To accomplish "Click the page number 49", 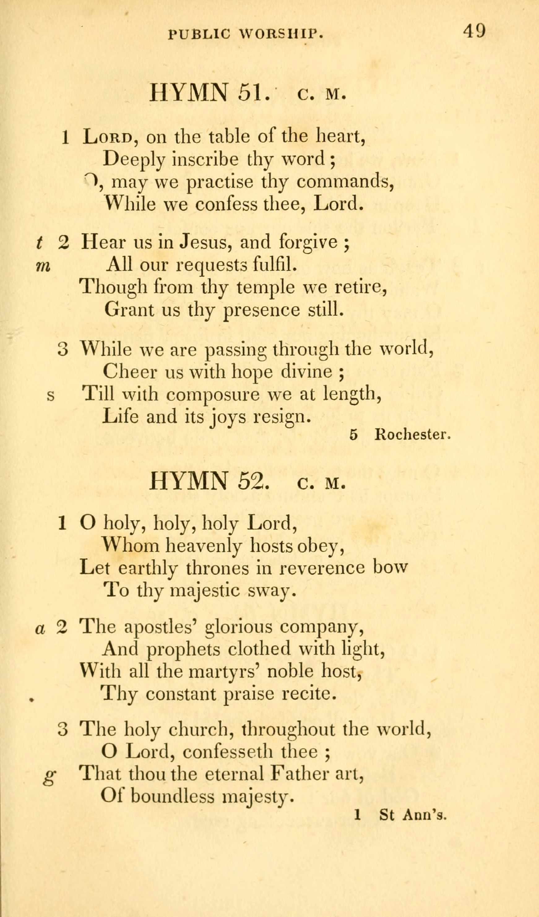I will coord(474,31).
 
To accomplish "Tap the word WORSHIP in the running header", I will coord(280,34).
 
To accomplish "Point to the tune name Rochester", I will coord(413,435).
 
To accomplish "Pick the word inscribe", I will coord(205,159).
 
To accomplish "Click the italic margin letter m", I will coord(43,267).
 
